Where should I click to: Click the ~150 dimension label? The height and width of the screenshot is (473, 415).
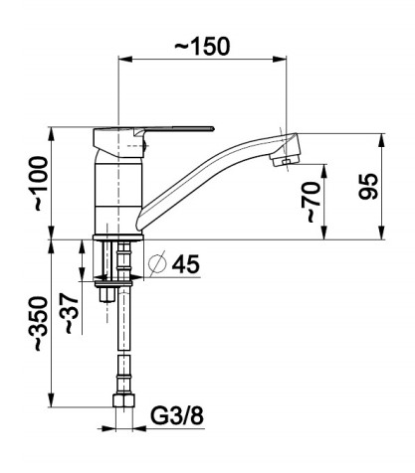(x=202, y=46)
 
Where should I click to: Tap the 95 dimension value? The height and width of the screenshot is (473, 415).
(x=368, y=186)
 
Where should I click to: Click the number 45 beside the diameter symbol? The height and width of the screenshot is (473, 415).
(x=186, y=263)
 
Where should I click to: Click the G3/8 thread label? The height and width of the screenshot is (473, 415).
(x=177, y=415)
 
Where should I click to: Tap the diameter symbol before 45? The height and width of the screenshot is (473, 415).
(x=157, y=264)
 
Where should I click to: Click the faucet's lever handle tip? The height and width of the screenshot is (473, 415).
(x=213, y=128)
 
